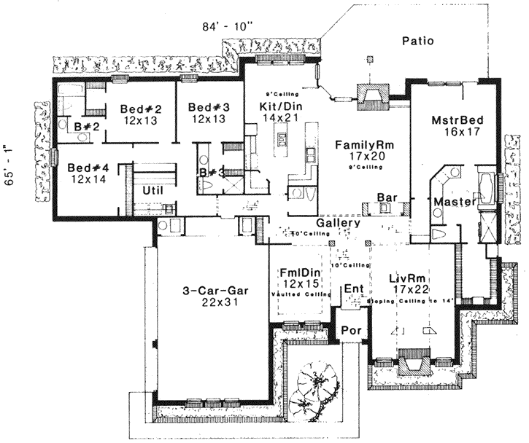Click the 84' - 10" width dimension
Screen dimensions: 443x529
pos(228,27)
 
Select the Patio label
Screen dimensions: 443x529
pos(418,42)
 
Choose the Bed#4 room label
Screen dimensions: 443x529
pos(87,168)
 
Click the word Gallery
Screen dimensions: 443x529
pos(339,223)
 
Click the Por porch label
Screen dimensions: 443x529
pos(352,330)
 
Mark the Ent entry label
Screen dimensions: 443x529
pos(355,289)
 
